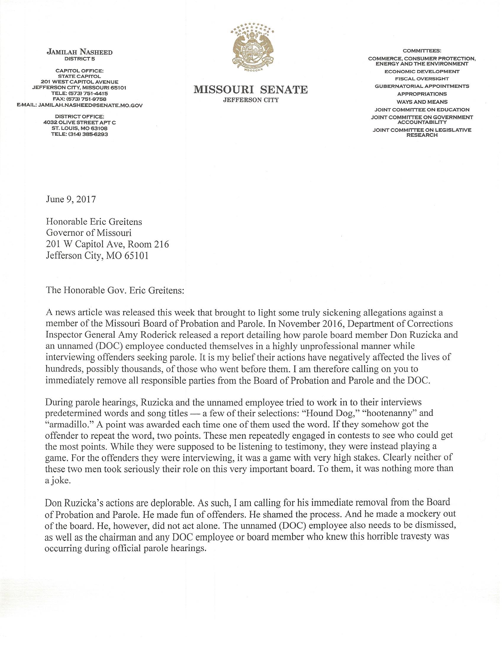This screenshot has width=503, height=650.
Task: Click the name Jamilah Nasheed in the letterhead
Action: tap(80, 52)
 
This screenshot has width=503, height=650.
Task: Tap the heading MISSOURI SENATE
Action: tap(251, 90)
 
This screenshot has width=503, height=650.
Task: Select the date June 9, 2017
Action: tap(71, 199)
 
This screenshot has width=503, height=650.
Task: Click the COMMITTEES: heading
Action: tap(422, 51)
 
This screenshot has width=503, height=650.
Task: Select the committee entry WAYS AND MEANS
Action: tap(422, 102)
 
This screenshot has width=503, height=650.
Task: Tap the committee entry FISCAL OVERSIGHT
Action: tap(422, 79)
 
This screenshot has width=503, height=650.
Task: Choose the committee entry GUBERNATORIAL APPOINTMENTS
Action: tap(422, 86)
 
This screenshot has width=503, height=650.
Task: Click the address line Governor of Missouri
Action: tap(88, 233)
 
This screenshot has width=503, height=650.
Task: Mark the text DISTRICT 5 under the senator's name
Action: tap(80, 59)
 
